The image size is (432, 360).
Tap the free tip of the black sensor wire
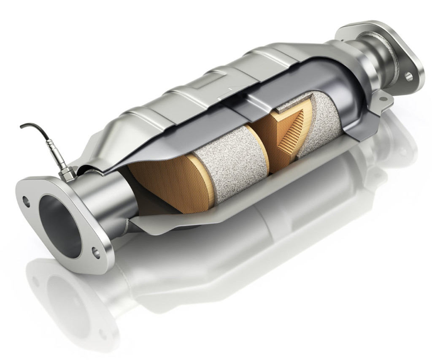coord(22,126)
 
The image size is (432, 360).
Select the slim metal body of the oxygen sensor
coord(57,157)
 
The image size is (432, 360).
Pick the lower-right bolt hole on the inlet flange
coord(96,253)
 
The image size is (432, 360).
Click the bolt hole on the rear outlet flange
coord(408,76)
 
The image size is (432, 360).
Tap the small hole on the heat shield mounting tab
coord(383,100)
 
